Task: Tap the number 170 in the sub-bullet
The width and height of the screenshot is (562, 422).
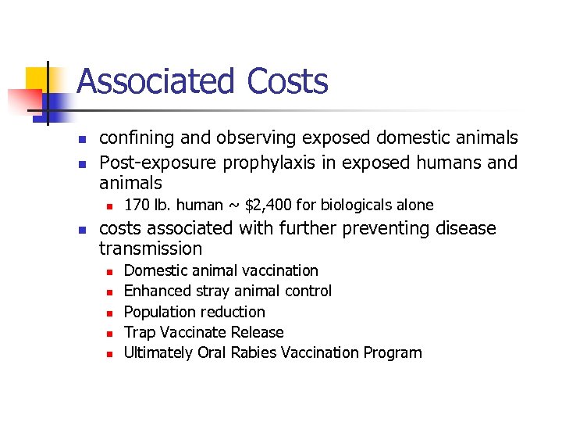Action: coord(137,205)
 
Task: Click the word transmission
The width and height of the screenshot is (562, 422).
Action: coord(150,249)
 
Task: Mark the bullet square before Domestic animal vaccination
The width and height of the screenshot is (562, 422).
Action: coord(110,271)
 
